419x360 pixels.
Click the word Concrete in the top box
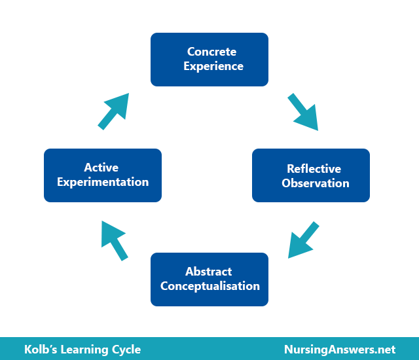coord(211,52)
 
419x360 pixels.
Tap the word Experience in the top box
coord(213,67)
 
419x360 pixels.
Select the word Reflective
coord(314,168)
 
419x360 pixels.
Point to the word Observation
coord(316,183)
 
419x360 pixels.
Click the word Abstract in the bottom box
coord(208,272)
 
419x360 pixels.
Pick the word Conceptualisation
coord(209,286)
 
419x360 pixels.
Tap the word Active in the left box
coord(101,168)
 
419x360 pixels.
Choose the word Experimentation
coord(103,183)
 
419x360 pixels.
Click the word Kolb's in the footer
coord(41,350)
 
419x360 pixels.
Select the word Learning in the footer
coord(84,350)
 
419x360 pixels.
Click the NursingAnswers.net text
coord(340,350)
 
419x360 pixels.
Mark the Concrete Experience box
coord(209,60)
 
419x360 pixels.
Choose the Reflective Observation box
coord(311,175)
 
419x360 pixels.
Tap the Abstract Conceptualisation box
coord(209,279)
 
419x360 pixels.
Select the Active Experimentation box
coord(103,175)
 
